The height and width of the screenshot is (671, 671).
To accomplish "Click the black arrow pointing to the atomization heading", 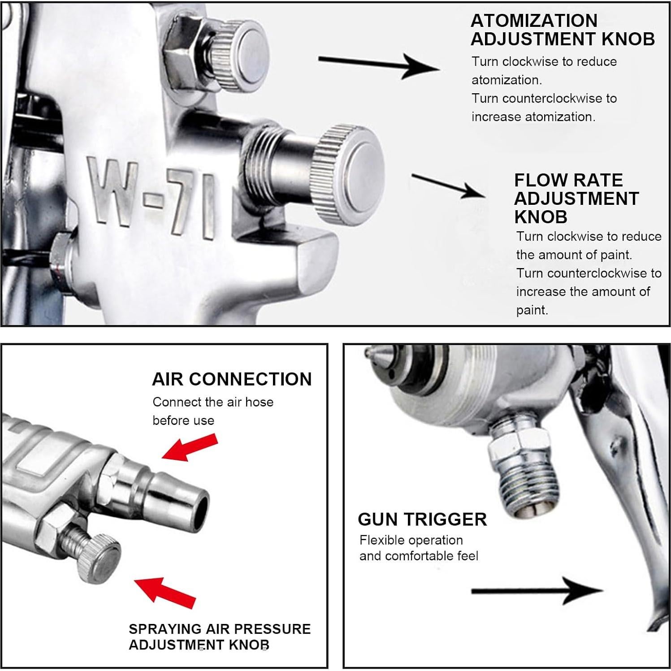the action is click(379, 65).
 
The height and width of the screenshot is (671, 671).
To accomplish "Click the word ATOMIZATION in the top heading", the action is click(534, 21).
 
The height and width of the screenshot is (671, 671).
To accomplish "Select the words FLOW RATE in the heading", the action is click(568, 180).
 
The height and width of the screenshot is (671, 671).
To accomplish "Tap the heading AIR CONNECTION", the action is click(232, 379).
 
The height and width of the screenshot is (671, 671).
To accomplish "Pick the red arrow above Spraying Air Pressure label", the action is click(165, 591).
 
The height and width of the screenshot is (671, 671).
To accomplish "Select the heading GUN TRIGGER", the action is click(422, 519).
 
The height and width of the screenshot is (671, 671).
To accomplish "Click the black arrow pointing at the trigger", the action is click(537, 591).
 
